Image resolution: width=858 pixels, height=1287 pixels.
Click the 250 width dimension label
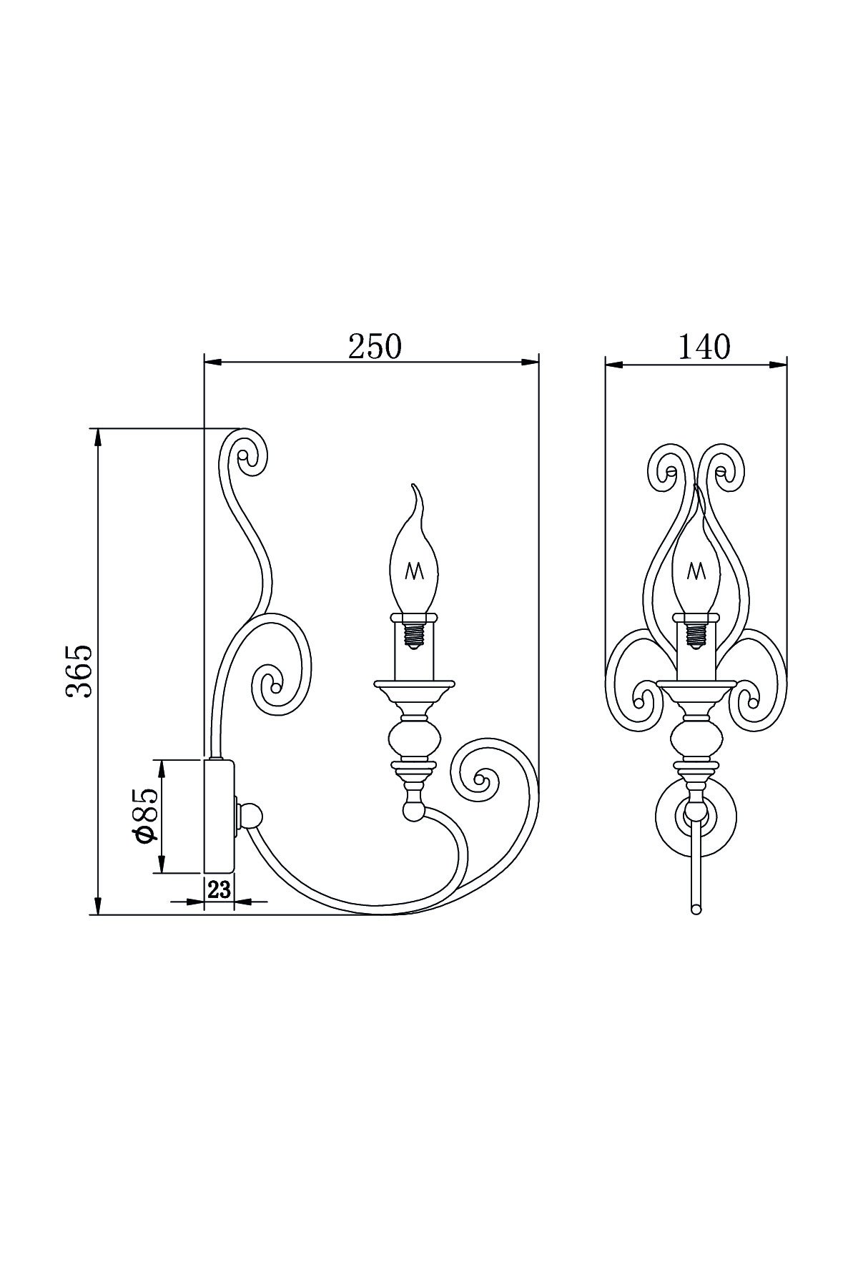[x=375, y=347]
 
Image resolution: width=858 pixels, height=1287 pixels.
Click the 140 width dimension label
[x=704, y=347]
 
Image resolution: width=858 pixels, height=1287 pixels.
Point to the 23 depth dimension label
[x=219, y=890]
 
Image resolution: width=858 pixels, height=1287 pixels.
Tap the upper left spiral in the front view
[x=671, y=472]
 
